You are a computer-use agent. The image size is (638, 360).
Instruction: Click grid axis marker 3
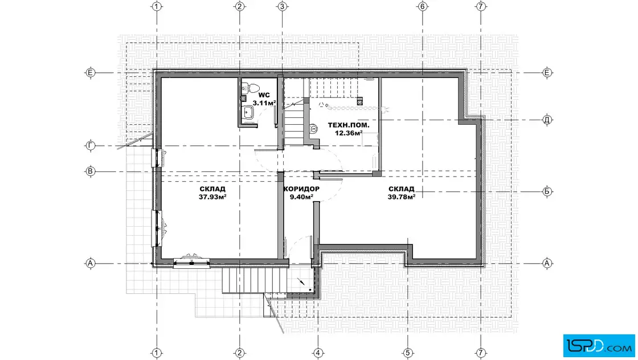(x=283, y=6)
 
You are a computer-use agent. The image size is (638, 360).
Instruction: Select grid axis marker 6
(x=422, y=6)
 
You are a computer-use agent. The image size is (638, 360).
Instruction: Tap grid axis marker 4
(x=318, y=353)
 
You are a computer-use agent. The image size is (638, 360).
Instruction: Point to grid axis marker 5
(x=408, y=353)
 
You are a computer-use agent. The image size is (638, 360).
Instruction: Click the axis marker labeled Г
(x=91, y=146)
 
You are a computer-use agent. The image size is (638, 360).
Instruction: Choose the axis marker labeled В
(x=91, y=171)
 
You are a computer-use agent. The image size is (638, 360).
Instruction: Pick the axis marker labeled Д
(x=547, y=120)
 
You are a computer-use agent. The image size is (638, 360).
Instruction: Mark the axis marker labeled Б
(x=547, y=191)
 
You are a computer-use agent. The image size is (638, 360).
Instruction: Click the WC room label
(x=264, y=96)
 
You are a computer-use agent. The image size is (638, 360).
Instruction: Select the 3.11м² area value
(x=264, y=103)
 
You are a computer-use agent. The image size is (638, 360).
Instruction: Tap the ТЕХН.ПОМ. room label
(x=349, y=125)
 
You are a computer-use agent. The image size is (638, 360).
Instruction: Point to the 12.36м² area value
(x=349, y=133)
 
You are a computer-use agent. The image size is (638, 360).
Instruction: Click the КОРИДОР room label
(x=301, y=189)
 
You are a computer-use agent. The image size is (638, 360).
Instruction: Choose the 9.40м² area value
(x=301, y=197)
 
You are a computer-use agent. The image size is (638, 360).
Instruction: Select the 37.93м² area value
(x=212, y=197)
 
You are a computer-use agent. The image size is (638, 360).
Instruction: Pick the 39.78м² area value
(x=402, y=197)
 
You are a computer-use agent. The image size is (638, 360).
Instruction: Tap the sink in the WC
(x=247, y=112)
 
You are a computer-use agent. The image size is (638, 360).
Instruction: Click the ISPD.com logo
(x=599, y=346)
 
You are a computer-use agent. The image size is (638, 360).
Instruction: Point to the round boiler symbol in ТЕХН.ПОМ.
(x=314, y=129)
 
